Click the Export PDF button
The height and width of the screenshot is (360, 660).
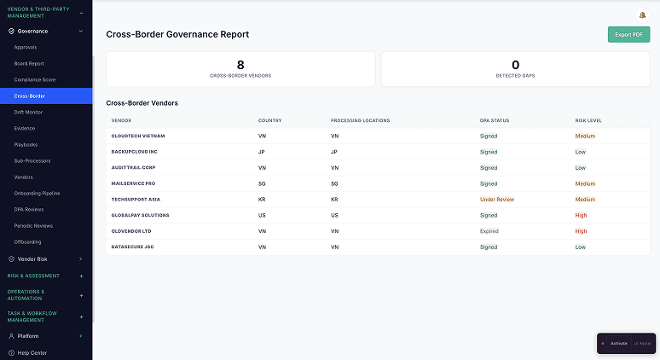point(628,34)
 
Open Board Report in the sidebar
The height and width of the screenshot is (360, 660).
point(29,63)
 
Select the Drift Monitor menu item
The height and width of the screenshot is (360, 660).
point(30,112)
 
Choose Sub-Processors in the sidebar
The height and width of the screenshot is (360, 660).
point(32,160)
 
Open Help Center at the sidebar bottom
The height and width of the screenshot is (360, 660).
point(32,352)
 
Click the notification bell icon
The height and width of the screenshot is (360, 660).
point(641,15)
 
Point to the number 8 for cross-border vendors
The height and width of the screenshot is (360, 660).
point(240,64)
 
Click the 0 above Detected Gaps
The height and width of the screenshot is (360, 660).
point(515,64)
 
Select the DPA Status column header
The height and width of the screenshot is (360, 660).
point(495,120)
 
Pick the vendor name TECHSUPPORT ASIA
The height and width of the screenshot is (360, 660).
point(136,200)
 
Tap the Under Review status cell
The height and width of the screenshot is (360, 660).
point(497,200)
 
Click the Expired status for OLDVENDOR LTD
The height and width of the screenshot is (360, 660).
point(489,231)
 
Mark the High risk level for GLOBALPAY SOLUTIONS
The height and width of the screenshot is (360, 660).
point(581,215)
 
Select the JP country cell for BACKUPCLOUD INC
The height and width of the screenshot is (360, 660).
point(262,152)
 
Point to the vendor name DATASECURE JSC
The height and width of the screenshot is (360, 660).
point(132,247)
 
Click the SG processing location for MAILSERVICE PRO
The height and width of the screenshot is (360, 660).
point(334,183)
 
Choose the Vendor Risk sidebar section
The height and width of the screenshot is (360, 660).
point(32,258)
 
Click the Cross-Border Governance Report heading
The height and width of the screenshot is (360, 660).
point(177,34)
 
